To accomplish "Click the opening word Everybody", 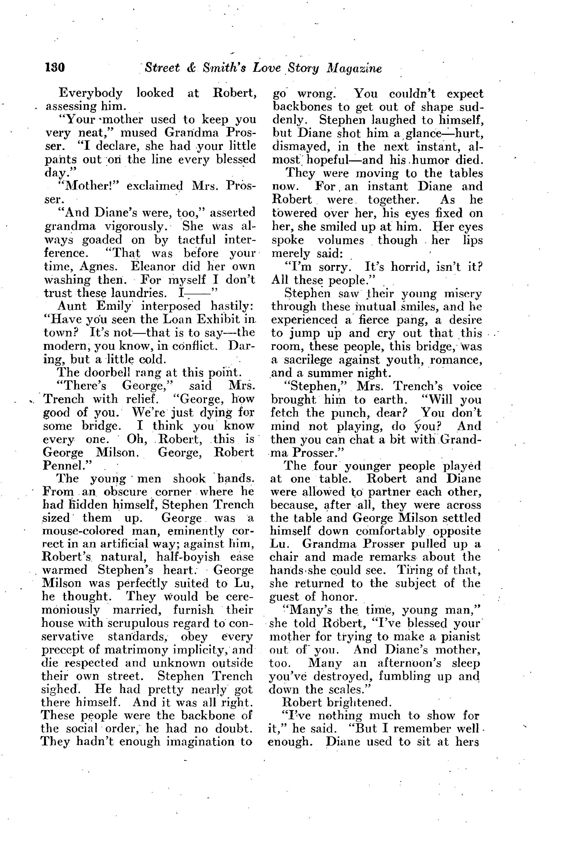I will [91, 93].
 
